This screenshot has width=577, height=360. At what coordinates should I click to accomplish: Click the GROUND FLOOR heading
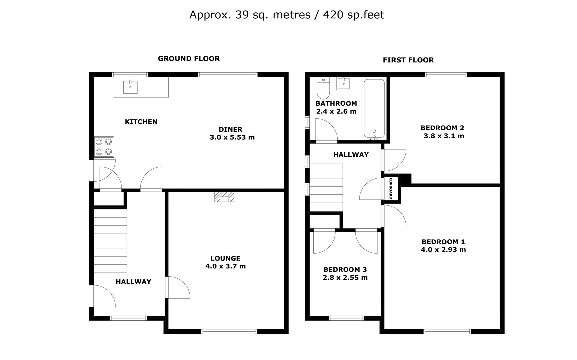(x=189, y=59)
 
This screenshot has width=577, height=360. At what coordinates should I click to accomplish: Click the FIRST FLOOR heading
(x=408, y=60)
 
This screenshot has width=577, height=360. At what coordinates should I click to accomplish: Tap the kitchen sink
(x=130, y=87)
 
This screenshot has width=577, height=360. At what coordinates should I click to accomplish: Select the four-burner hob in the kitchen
(x=104, y=147)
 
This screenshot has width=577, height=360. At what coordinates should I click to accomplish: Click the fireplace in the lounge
(x=224, y=197)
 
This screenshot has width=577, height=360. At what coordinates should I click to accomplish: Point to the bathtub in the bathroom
(x=374, y=109)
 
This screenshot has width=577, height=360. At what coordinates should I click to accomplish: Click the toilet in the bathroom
(x=323, y=88)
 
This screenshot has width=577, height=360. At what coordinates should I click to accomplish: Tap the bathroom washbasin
(x=344, y=84)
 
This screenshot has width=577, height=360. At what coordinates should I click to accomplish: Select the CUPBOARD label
(x=391, y=188)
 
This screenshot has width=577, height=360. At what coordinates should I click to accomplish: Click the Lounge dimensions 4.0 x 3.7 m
(x=225, y=266)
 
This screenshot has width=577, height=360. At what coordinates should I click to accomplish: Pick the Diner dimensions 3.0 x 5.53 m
(x=232, y=137)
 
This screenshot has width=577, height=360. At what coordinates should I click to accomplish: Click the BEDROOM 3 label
(x=345, y=269)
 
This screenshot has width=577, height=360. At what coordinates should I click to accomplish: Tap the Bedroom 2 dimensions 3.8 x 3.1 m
(x=444, y=136)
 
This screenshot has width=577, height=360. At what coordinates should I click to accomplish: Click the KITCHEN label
(x=141, y=122)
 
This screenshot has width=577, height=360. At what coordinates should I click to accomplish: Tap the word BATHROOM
(x=336, y=103)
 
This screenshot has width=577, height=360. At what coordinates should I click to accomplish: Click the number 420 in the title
(x=332, y=15)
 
